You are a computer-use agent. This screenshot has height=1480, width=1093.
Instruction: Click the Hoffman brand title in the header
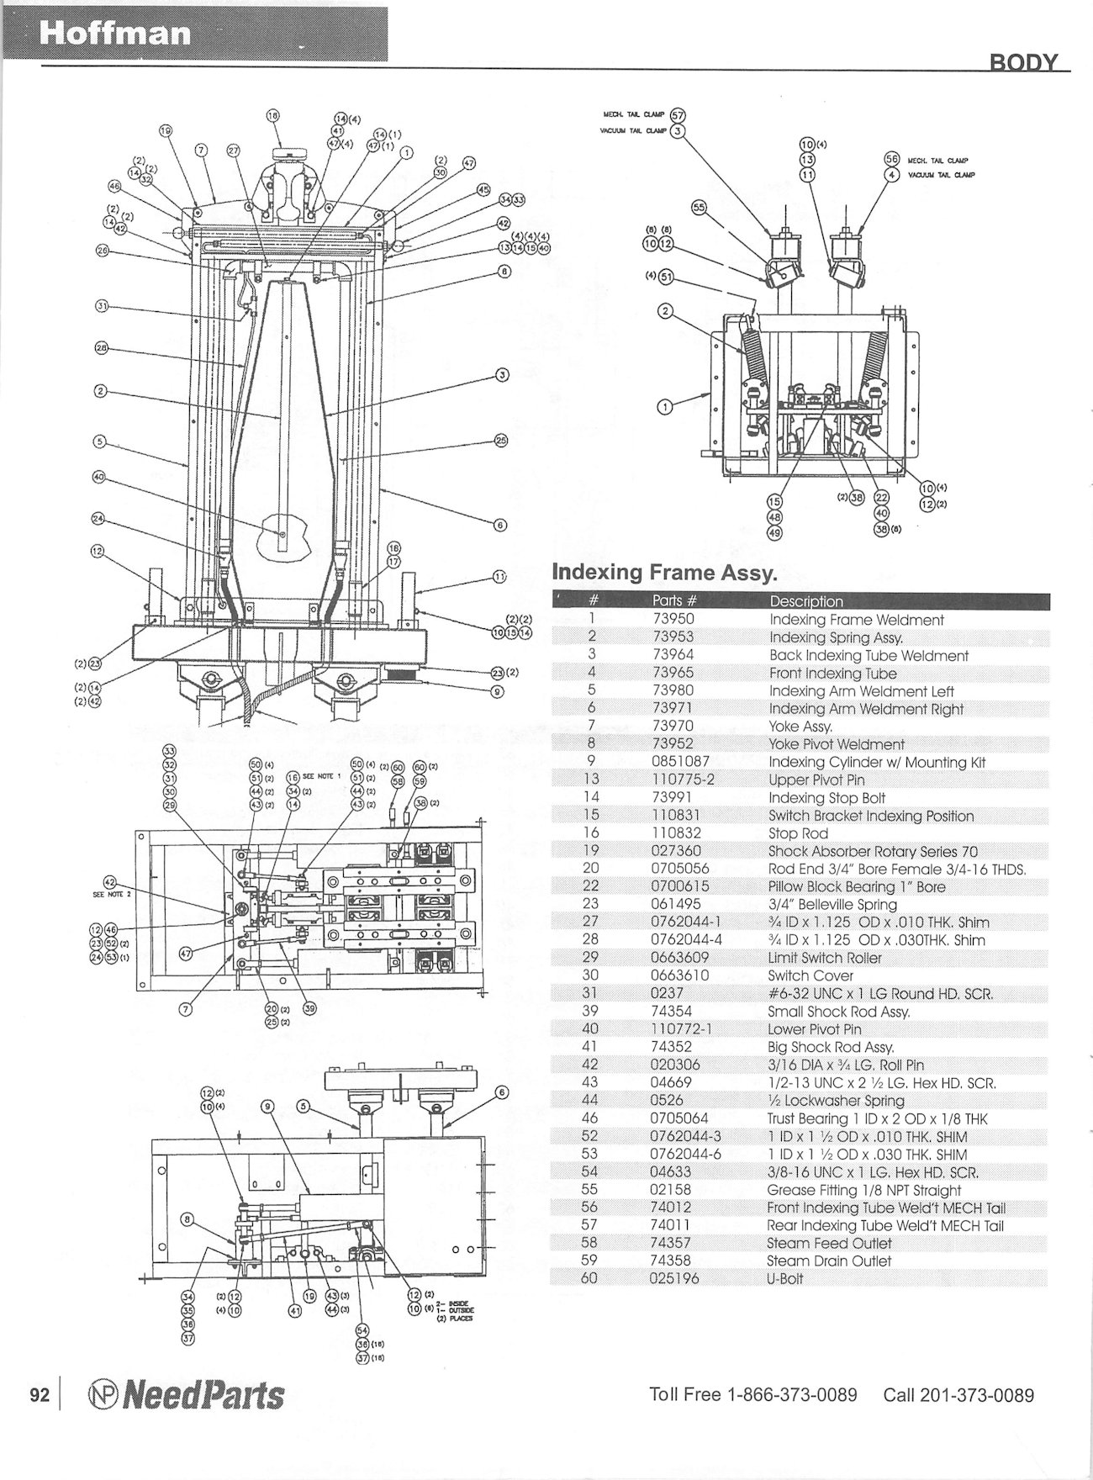[115, 34]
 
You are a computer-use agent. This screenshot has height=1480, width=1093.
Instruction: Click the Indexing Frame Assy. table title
[663, 573]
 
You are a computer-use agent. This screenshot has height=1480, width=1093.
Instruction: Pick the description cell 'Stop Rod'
[798, 833]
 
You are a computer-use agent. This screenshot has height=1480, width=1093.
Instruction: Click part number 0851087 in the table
[681, 762]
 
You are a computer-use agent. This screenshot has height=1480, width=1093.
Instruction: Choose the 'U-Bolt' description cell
[785, 1278]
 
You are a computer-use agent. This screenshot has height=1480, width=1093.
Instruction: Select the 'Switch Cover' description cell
[811, 975]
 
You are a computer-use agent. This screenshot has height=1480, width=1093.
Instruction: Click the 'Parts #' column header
[674, 600]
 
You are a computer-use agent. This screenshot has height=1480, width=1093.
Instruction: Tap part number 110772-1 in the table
[683, 1029]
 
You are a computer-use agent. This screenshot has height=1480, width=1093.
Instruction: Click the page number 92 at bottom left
[40, 1395]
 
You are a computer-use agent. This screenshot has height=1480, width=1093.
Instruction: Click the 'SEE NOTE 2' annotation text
[112, 894]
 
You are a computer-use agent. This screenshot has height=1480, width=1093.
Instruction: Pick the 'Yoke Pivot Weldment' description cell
[837, 744]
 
